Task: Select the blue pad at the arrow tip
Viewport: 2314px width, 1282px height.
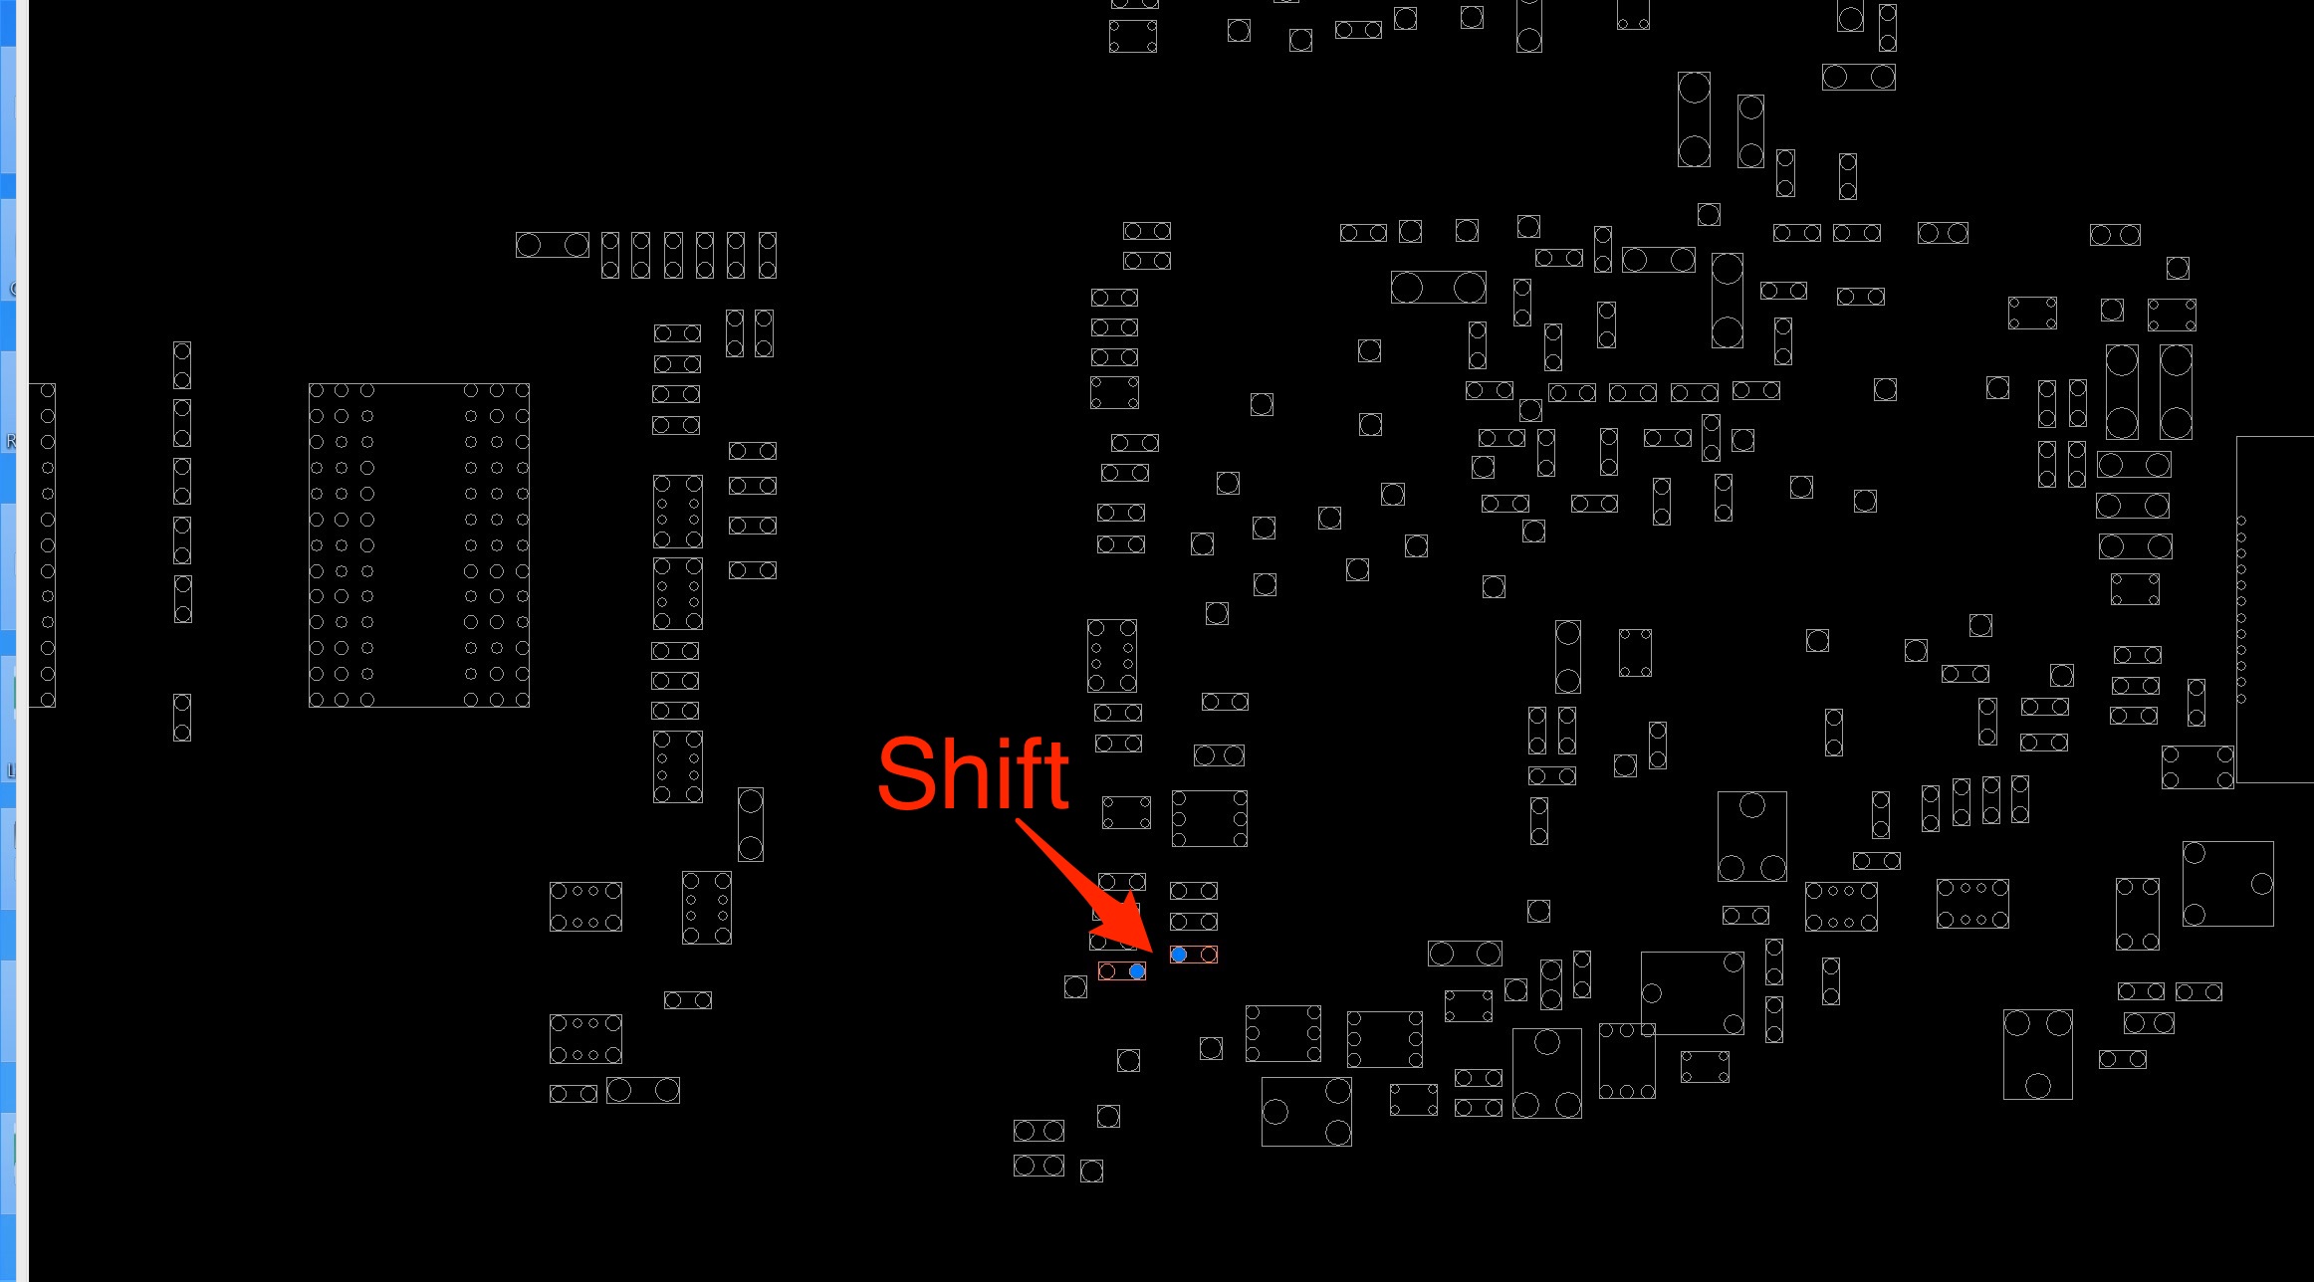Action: click(1179, 955)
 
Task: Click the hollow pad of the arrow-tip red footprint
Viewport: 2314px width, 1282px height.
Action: click(1209, 955)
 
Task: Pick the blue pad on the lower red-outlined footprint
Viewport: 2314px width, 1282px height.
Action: click(1137, 970)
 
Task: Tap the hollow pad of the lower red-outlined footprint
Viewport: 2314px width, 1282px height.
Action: click(1107, 970)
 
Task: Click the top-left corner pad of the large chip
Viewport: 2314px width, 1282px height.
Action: click(317, 390)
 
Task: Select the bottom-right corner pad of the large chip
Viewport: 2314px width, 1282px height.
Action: click(522, 700)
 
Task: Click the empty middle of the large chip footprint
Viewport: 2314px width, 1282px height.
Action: click(419, 545)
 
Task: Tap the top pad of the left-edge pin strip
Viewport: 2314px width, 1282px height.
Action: click(47, 391)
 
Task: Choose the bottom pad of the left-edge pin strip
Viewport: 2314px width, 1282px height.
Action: click(47, 699)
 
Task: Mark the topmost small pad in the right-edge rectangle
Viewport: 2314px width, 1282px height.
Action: click(2241, 521)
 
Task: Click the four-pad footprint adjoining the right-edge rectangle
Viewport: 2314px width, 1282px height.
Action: click(2198, 767)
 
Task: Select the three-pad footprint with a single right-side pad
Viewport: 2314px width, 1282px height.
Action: click(2228, 884)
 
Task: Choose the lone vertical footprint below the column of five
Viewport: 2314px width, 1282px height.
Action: click(182, 718)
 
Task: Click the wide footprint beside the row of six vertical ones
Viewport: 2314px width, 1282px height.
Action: click(553, 245)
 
